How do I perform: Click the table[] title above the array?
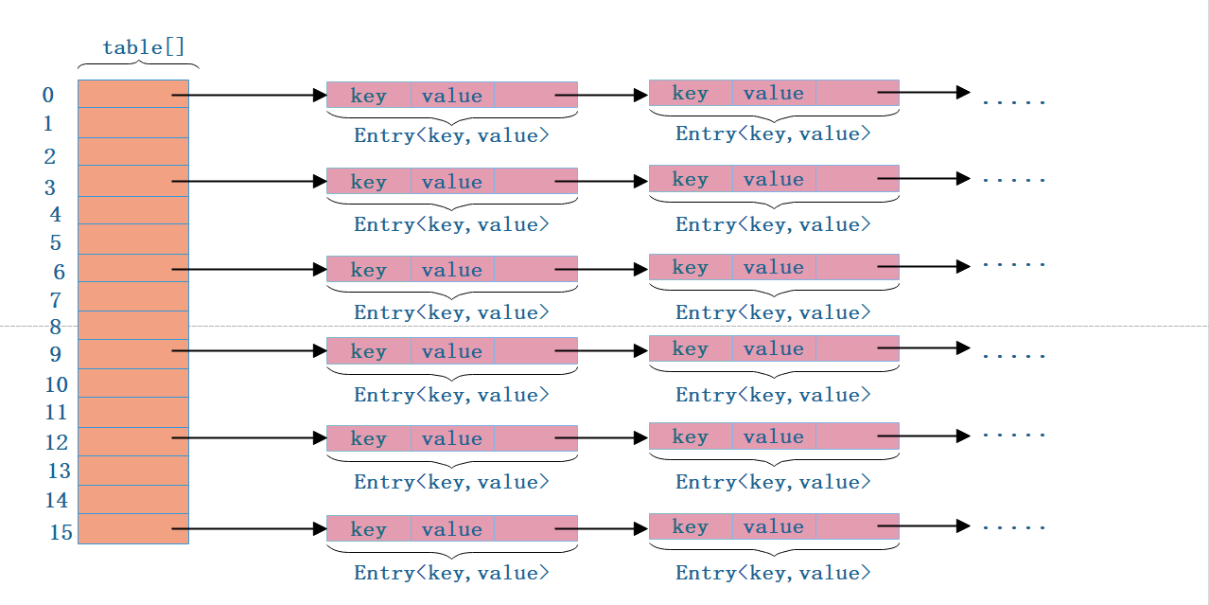coord(144,47)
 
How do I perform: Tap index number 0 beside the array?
coord(48,95)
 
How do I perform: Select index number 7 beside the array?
coord(55,300)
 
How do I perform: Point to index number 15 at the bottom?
coord(61,532)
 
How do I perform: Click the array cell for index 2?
coord(133,151)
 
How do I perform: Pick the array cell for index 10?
coord(133,383)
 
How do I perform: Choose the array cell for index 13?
coord(133,471)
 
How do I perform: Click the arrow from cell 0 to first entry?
coord(250,95)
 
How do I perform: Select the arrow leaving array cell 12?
coord(250,437)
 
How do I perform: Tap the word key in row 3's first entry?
coord(369,182)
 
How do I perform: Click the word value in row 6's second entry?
coord(774,267)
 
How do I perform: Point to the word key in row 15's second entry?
coord(691,526)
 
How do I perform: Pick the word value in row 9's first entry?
coord(452,351)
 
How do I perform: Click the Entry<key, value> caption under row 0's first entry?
coord(452,135)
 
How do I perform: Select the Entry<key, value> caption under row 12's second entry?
coord(774,482)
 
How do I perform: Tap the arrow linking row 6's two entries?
coord(602,269)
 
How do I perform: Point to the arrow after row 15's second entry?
coord(924,526)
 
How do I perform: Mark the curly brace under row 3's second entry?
coord(774,202)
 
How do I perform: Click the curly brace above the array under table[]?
coord(139,64)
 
